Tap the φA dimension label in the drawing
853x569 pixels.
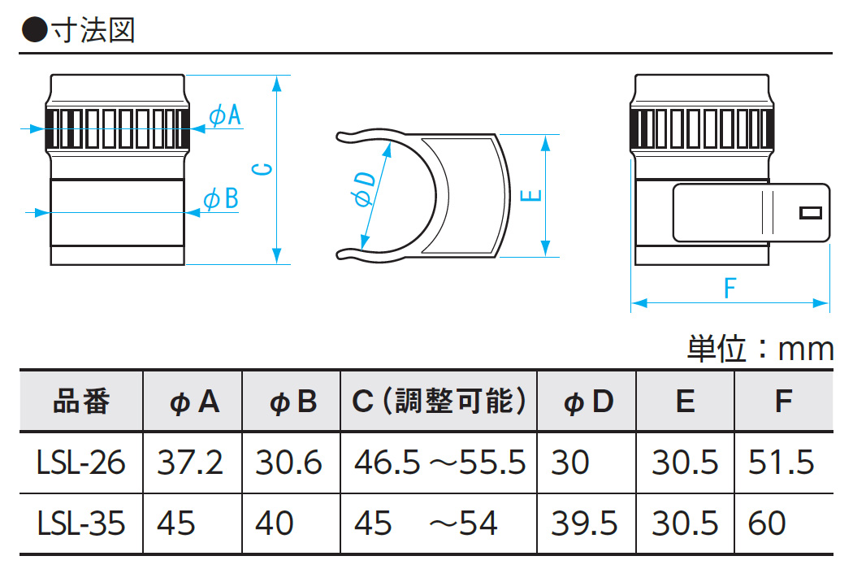[225, 116]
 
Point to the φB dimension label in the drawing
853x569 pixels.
[220, 198]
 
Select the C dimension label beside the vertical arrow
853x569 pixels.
[262, 170]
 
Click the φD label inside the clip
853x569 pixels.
[365, 189]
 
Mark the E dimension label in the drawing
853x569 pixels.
[530, 196]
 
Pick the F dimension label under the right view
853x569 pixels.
[730, 288]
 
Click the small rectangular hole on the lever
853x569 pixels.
[810, 213]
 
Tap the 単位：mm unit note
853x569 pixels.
[760, 350]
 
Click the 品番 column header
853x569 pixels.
[81, 402]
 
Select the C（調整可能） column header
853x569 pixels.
[439, 402]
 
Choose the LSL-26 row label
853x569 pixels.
[81, 463]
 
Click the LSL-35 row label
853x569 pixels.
[81, 523]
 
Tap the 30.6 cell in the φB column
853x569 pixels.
[288, 463]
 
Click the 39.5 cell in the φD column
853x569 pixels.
[584, 523]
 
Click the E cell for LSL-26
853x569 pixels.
[685, 463]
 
